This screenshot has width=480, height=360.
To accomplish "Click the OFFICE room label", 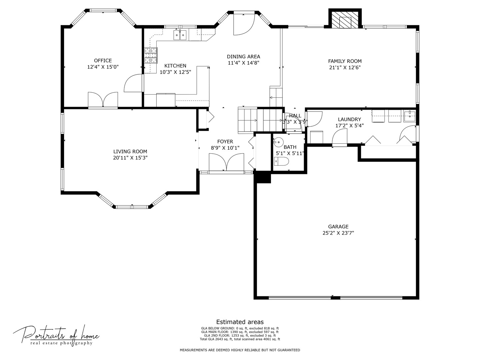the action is click(103, 61).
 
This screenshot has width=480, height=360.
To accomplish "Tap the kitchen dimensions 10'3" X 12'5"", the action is click(175, 72).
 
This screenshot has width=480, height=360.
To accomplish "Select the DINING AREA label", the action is click(243, 57).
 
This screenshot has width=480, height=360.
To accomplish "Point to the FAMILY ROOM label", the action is click(345, 61).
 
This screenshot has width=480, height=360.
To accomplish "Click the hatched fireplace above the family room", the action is click(345, 20).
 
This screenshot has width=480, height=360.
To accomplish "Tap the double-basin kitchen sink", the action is click(180, 35).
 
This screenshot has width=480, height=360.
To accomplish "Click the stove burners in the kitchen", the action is click(151, 56).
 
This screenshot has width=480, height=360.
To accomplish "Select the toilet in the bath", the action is click(281, 162).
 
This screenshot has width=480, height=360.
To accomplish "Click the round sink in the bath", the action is click(278, 142).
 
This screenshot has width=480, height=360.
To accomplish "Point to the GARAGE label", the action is click(338, 227).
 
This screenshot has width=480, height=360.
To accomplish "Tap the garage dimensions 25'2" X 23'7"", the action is click(338, 233).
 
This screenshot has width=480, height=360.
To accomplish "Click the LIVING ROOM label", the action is click(130, 151).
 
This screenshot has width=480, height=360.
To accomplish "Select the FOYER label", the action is click(225, 142).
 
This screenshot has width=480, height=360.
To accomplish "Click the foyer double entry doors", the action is click(226, 162).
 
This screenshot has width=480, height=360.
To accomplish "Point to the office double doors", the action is click(103, 100).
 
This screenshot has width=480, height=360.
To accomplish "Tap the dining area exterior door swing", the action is click(244, 24).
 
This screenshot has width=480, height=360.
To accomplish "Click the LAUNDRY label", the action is click(349, 119).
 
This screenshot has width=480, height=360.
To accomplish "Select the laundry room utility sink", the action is click(409, 116).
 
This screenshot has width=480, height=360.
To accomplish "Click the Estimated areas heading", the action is click(240, 322).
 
